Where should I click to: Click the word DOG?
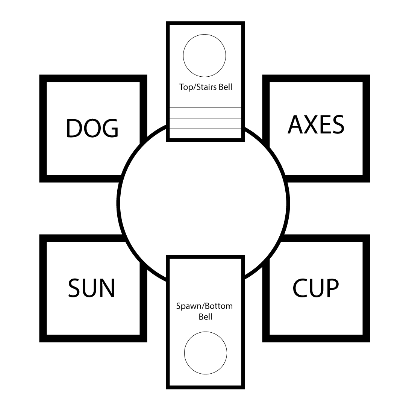tap(92, 128)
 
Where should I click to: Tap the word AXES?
tap(316, 124)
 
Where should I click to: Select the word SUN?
tap(91, 288)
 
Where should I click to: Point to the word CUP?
tap(316, 288)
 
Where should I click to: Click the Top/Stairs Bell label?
tap(205, 87)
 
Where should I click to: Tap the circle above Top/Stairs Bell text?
tap(205, 56)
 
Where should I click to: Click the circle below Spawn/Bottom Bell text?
tap(206, 353)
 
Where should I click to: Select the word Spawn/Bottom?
tap(205, 306)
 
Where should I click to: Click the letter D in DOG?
tap(74, 128)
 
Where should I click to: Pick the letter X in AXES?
tap(309, 124)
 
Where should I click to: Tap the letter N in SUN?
tap(106, 288)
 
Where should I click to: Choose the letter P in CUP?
tap(332, 288)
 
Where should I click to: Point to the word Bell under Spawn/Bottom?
tap(206, 317)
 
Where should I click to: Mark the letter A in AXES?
tap(295, 124)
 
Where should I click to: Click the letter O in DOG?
tap(92, 128)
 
